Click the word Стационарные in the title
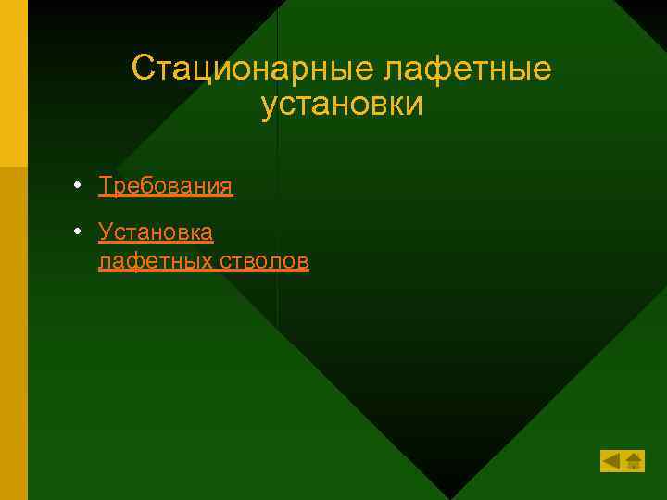[x=251, y=68]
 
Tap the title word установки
[x=342, y=104]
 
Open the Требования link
[x=166, y=186]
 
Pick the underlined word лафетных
[x=155, y=262]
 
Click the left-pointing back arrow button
[x=611, y=461]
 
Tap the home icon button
[x=634, y=461]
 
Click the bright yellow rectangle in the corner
[x=13, y=83]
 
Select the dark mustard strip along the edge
[x=13, y=333]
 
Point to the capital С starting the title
[x=143, y=68]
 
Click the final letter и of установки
[x=414, y=105]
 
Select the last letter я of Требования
[x=226, y=187]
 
